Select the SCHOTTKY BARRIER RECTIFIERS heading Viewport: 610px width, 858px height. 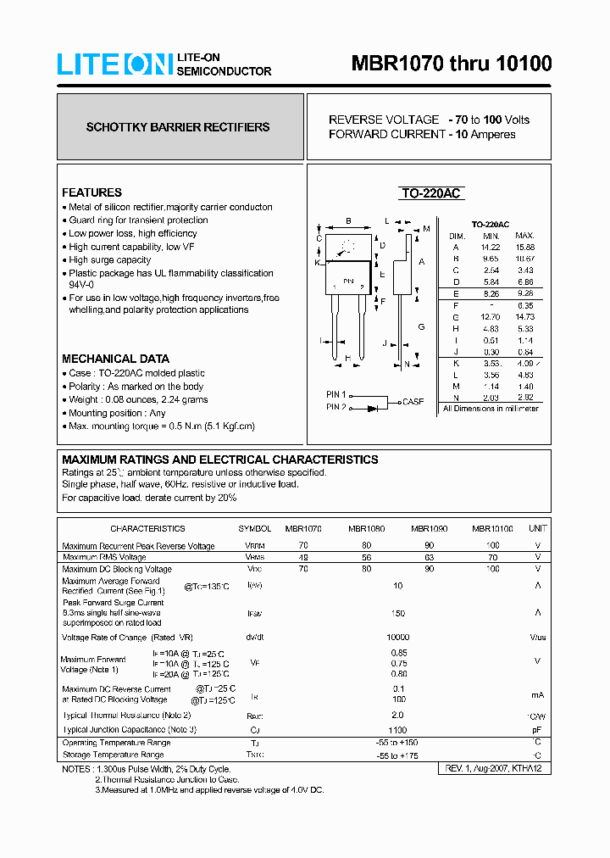click(x=178, y=127)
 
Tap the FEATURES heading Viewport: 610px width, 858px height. click(x=91, y=192)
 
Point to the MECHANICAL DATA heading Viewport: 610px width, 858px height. click(x=115, y=359)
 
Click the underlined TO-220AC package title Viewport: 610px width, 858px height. click(x=430, y=193)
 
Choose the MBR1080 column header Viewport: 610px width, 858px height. click(x=366, y=528)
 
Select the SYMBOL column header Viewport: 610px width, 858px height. click(x=255, y=528)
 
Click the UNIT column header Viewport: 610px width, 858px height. click(x=537, y=528)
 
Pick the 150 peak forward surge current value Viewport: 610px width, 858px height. click(x=398, y=613)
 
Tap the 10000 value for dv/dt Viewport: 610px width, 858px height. click(x=398, y=637)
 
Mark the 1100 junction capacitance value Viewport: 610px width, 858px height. click(x=398, y=729)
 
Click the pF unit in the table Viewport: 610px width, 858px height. click(x=537, y=729)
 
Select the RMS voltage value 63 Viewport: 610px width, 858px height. click(x=430, y=557)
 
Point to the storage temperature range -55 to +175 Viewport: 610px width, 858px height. click(x=398, y=755)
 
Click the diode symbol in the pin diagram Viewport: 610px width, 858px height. click(x=373, y=408)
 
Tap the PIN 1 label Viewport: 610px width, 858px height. click(x=336, y=394)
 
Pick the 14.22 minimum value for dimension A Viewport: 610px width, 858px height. click(x=491, y=247)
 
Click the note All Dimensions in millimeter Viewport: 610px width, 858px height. click(x=491, y=409)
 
